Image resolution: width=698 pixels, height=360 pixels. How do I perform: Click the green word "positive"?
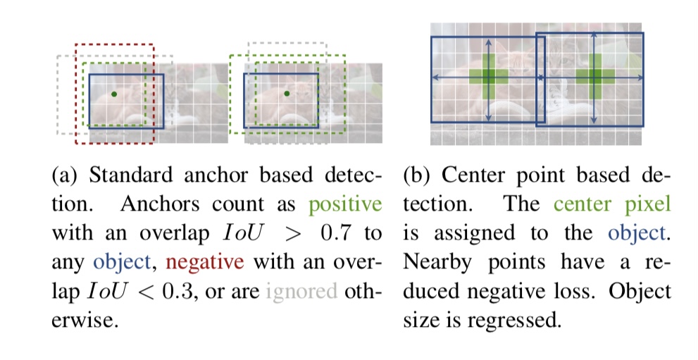346,205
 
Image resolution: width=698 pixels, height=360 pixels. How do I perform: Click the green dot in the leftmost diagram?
113,93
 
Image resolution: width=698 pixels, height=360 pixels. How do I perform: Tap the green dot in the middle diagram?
287,93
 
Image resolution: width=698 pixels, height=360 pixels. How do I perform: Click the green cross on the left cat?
488,76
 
